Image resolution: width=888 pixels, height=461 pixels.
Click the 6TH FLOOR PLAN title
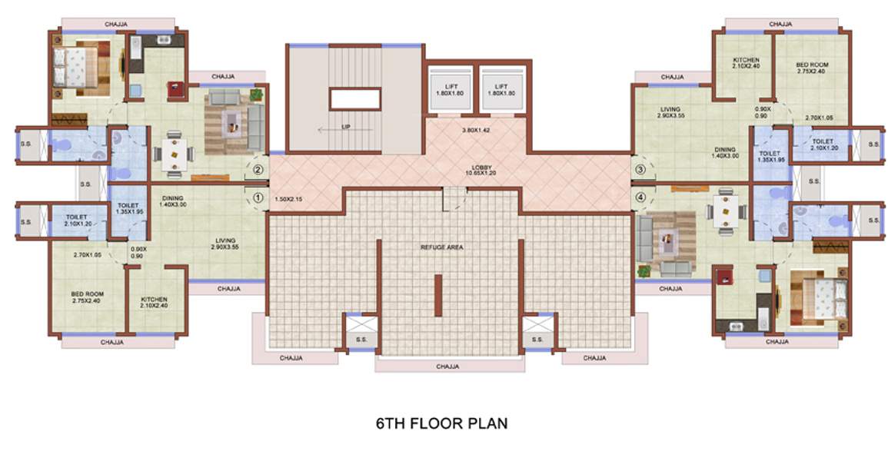(x=441, y=423)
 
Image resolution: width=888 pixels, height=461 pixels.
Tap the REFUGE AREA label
(x=441, y=247)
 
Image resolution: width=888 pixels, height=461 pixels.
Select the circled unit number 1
(x=258, y=197)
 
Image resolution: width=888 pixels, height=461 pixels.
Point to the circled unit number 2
(x=258, y=171)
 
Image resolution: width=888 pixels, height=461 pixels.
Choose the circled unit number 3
(x=640, y=170)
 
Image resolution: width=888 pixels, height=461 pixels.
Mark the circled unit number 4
(x=640, y=196)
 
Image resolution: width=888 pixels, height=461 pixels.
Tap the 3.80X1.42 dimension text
(x=476, y=131)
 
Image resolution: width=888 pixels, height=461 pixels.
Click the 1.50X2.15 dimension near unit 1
(x=289, y=199)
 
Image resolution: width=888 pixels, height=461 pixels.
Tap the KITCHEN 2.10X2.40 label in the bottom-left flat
(x=154, y=303)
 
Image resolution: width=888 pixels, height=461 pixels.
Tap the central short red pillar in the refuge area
(x=437, y=295)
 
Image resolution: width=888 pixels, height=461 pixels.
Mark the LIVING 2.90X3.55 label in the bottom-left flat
(x=225, y=244)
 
